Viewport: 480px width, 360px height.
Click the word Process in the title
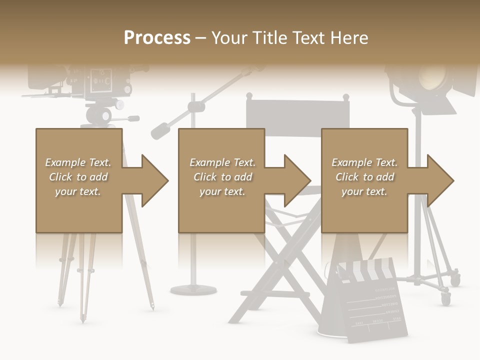click(157, 38)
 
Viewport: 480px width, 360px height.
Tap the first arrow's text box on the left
click(78, 177)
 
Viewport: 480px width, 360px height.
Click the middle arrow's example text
click(222, 177)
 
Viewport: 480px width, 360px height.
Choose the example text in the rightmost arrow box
click(364, 177)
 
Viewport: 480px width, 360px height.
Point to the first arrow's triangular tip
click(156, 180)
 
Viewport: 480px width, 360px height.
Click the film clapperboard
click(374, 305)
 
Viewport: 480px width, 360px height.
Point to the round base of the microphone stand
click(193, 289)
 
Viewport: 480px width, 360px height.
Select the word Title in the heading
click(271, 38)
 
